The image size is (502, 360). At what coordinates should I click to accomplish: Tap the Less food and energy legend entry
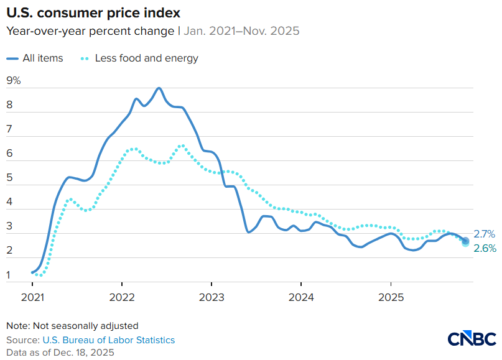140,58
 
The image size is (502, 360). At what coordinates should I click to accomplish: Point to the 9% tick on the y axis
13,80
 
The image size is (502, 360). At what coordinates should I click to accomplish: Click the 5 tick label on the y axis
9,178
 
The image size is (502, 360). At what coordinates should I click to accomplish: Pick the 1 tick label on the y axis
9,275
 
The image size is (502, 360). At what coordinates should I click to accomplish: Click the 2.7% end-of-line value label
484,234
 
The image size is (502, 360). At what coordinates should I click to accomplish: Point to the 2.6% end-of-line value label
484,249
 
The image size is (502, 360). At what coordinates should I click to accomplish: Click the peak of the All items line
159,88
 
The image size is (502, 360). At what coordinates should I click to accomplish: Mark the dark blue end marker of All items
465,241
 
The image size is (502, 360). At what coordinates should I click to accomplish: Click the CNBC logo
472,338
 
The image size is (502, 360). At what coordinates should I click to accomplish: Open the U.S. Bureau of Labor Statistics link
108,340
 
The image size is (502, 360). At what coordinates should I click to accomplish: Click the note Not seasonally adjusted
72,325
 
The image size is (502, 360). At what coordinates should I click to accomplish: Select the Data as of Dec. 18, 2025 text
60,352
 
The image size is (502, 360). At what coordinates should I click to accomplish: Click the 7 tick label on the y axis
9,129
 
